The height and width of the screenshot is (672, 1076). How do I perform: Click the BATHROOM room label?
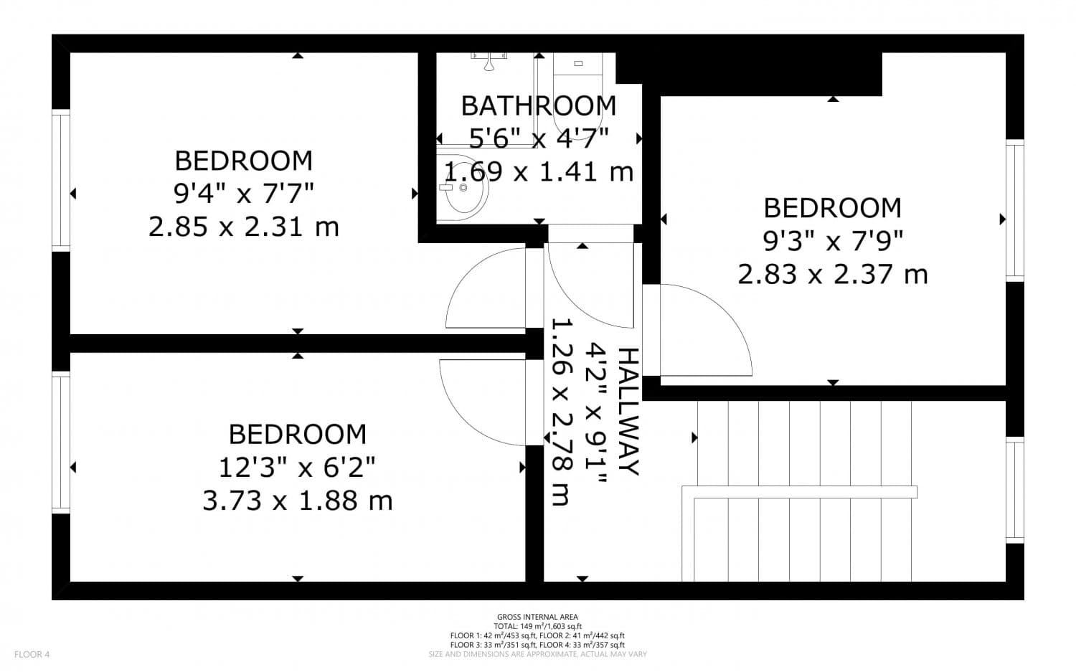538,105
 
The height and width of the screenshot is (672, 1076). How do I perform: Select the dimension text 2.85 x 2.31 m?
243,227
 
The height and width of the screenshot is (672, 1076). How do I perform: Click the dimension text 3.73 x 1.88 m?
297,500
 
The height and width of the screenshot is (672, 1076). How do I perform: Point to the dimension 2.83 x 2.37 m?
832,274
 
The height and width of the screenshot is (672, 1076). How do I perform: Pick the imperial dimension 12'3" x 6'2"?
297,468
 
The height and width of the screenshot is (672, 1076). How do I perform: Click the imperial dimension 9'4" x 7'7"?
243,193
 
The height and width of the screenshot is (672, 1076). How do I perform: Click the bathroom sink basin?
463,188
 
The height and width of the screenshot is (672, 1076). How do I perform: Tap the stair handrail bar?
800,491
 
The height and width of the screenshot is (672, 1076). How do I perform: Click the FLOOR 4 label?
32,654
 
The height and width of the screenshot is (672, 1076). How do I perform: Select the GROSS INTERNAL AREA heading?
537,617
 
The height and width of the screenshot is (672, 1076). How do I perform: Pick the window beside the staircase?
1014,490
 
